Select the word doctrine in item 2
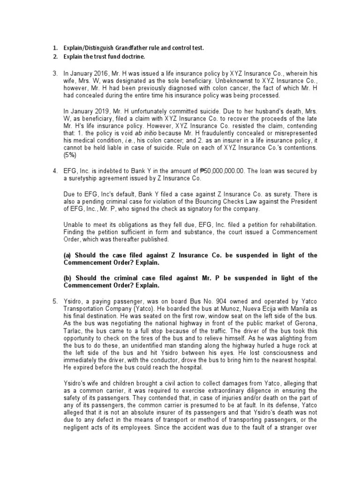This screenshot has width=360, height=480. [x=131, y=57]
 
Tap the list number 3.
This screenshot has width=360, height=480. [x=54, y=73]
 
